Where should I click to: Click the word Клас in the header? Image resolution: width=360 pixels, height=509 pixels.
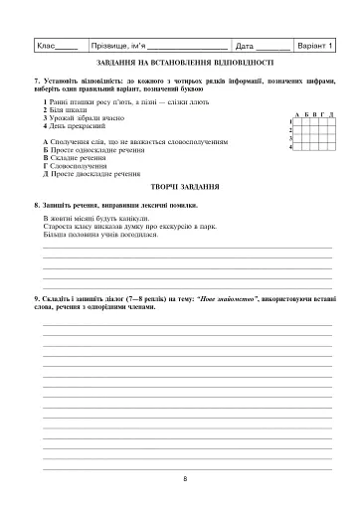coord(47,46)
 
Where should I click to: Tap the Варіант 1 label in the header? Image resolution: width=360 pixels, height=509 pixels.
coord(316,46)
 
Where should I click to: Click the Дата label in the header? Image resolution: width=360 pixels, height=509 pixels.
coord(247,46)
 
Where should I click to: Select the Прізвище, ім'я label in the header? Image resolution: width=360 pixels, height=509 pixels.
coord(117,46)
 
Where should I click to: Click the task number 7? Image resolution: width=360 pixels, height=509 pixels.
coord(36,80)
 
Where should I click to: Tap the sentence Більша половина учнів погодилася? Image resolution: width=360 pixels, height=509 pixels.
coord(100,233)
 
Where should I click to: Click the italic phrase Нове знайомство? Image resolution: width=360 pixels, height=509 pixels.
coord(228,298)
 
